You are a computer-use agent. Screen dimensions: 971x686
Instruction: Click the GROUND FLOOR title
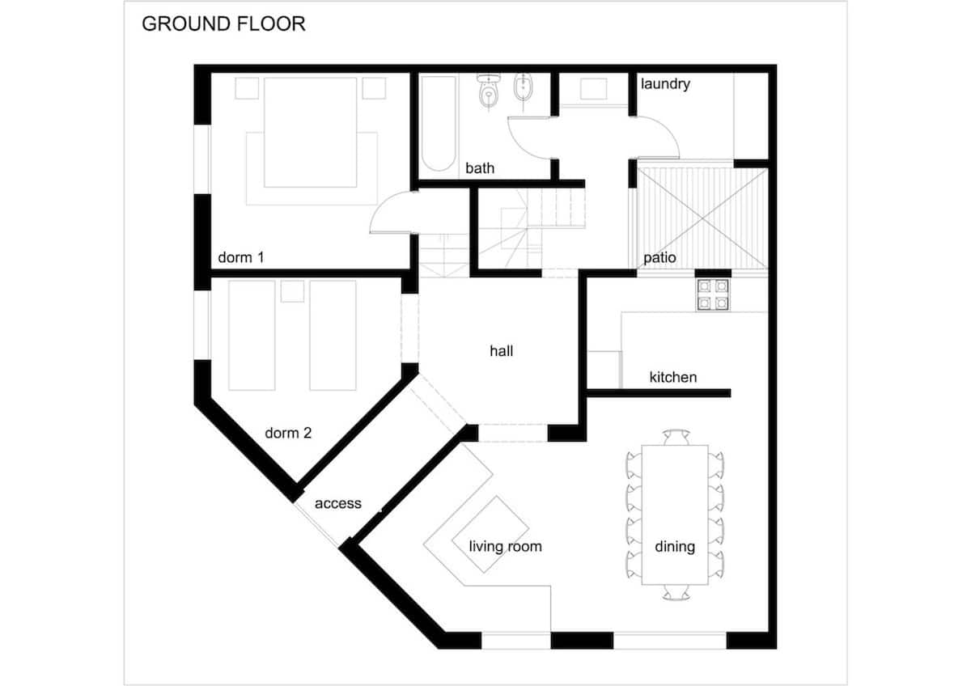coord(223,23)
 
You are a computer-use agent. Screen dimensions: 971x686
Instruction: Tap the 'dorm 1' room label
coord(241,257)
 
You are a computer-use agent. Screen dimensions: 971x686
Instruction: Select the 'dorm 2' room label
coord(288,433)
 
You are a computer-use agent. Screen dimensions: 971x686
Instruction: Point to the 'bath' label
coord(480,168)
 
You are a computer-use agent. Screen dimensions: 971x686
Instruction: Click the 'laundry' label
coord(665,84)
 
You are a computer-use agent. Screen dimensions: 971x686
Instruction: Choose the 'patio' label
coord(659,258)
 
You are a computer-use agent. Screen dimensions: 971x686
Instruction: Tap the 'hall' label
coord(502,350)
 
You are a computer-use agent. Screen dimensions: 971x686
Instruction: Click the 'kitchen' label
coord(673,377)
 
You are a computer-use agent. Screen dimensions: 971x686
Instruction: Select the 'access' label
coord(338,503)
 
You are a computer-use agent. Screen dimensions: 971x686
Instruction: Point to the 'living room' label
coord(506,546)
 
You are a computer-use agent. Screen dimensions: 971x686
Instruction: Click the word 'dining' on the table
coord(675,547)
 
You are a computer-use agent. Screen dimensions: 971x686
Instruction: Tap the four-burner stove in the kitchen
coord(713,294)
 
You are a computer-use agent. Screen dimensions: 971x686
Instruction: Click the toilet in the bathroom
coord(489,91)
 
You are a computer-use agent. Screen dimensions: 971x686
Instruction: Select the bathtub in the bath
coord(439,123)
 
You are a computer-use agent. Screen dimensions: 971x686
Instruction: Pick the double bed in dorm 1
coord(311,132)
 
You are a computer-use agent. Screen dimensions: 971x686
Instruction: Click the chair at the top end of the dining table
coord(676,437)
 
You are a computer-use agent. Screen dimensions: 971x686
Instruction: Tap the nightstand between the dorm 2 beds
coord(292,291)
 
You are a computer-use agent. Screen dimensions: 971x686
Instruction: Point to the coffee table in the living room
coord(490,535)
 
